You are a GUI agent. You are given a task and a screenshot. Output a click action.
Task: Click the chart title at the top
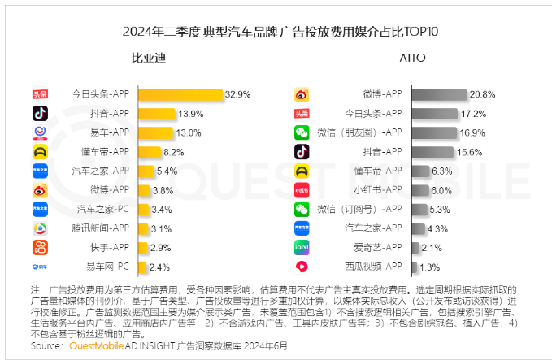(276, 33)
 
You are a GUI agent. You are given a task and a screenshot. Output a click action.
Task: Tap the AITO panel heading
(412, 59)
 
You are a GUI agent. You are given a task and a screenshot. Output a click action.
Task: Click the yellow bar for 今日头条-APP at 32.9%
(180, 94)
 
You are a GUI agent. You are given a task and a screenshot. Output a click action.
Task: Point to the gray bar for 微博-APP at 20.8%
(440, 94)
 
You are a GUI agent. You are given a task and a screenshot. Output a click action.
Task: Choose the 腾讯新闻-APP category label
(99, 228)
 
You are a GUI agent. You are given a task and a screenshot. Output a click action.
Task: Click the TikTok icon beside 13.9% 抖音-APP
(41, 113)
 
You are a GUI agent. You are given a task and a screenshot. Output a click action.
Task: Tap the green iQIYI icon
(302, 247)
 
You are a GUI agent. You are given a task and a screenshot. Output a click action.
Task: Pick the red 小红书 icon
(302, 189)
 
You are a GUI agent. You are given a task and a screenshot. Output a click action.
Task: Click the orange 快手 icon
(41, 247)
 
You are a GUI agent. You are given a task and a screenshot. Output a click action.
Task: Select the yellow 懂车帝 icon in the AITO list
(302, 171)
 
